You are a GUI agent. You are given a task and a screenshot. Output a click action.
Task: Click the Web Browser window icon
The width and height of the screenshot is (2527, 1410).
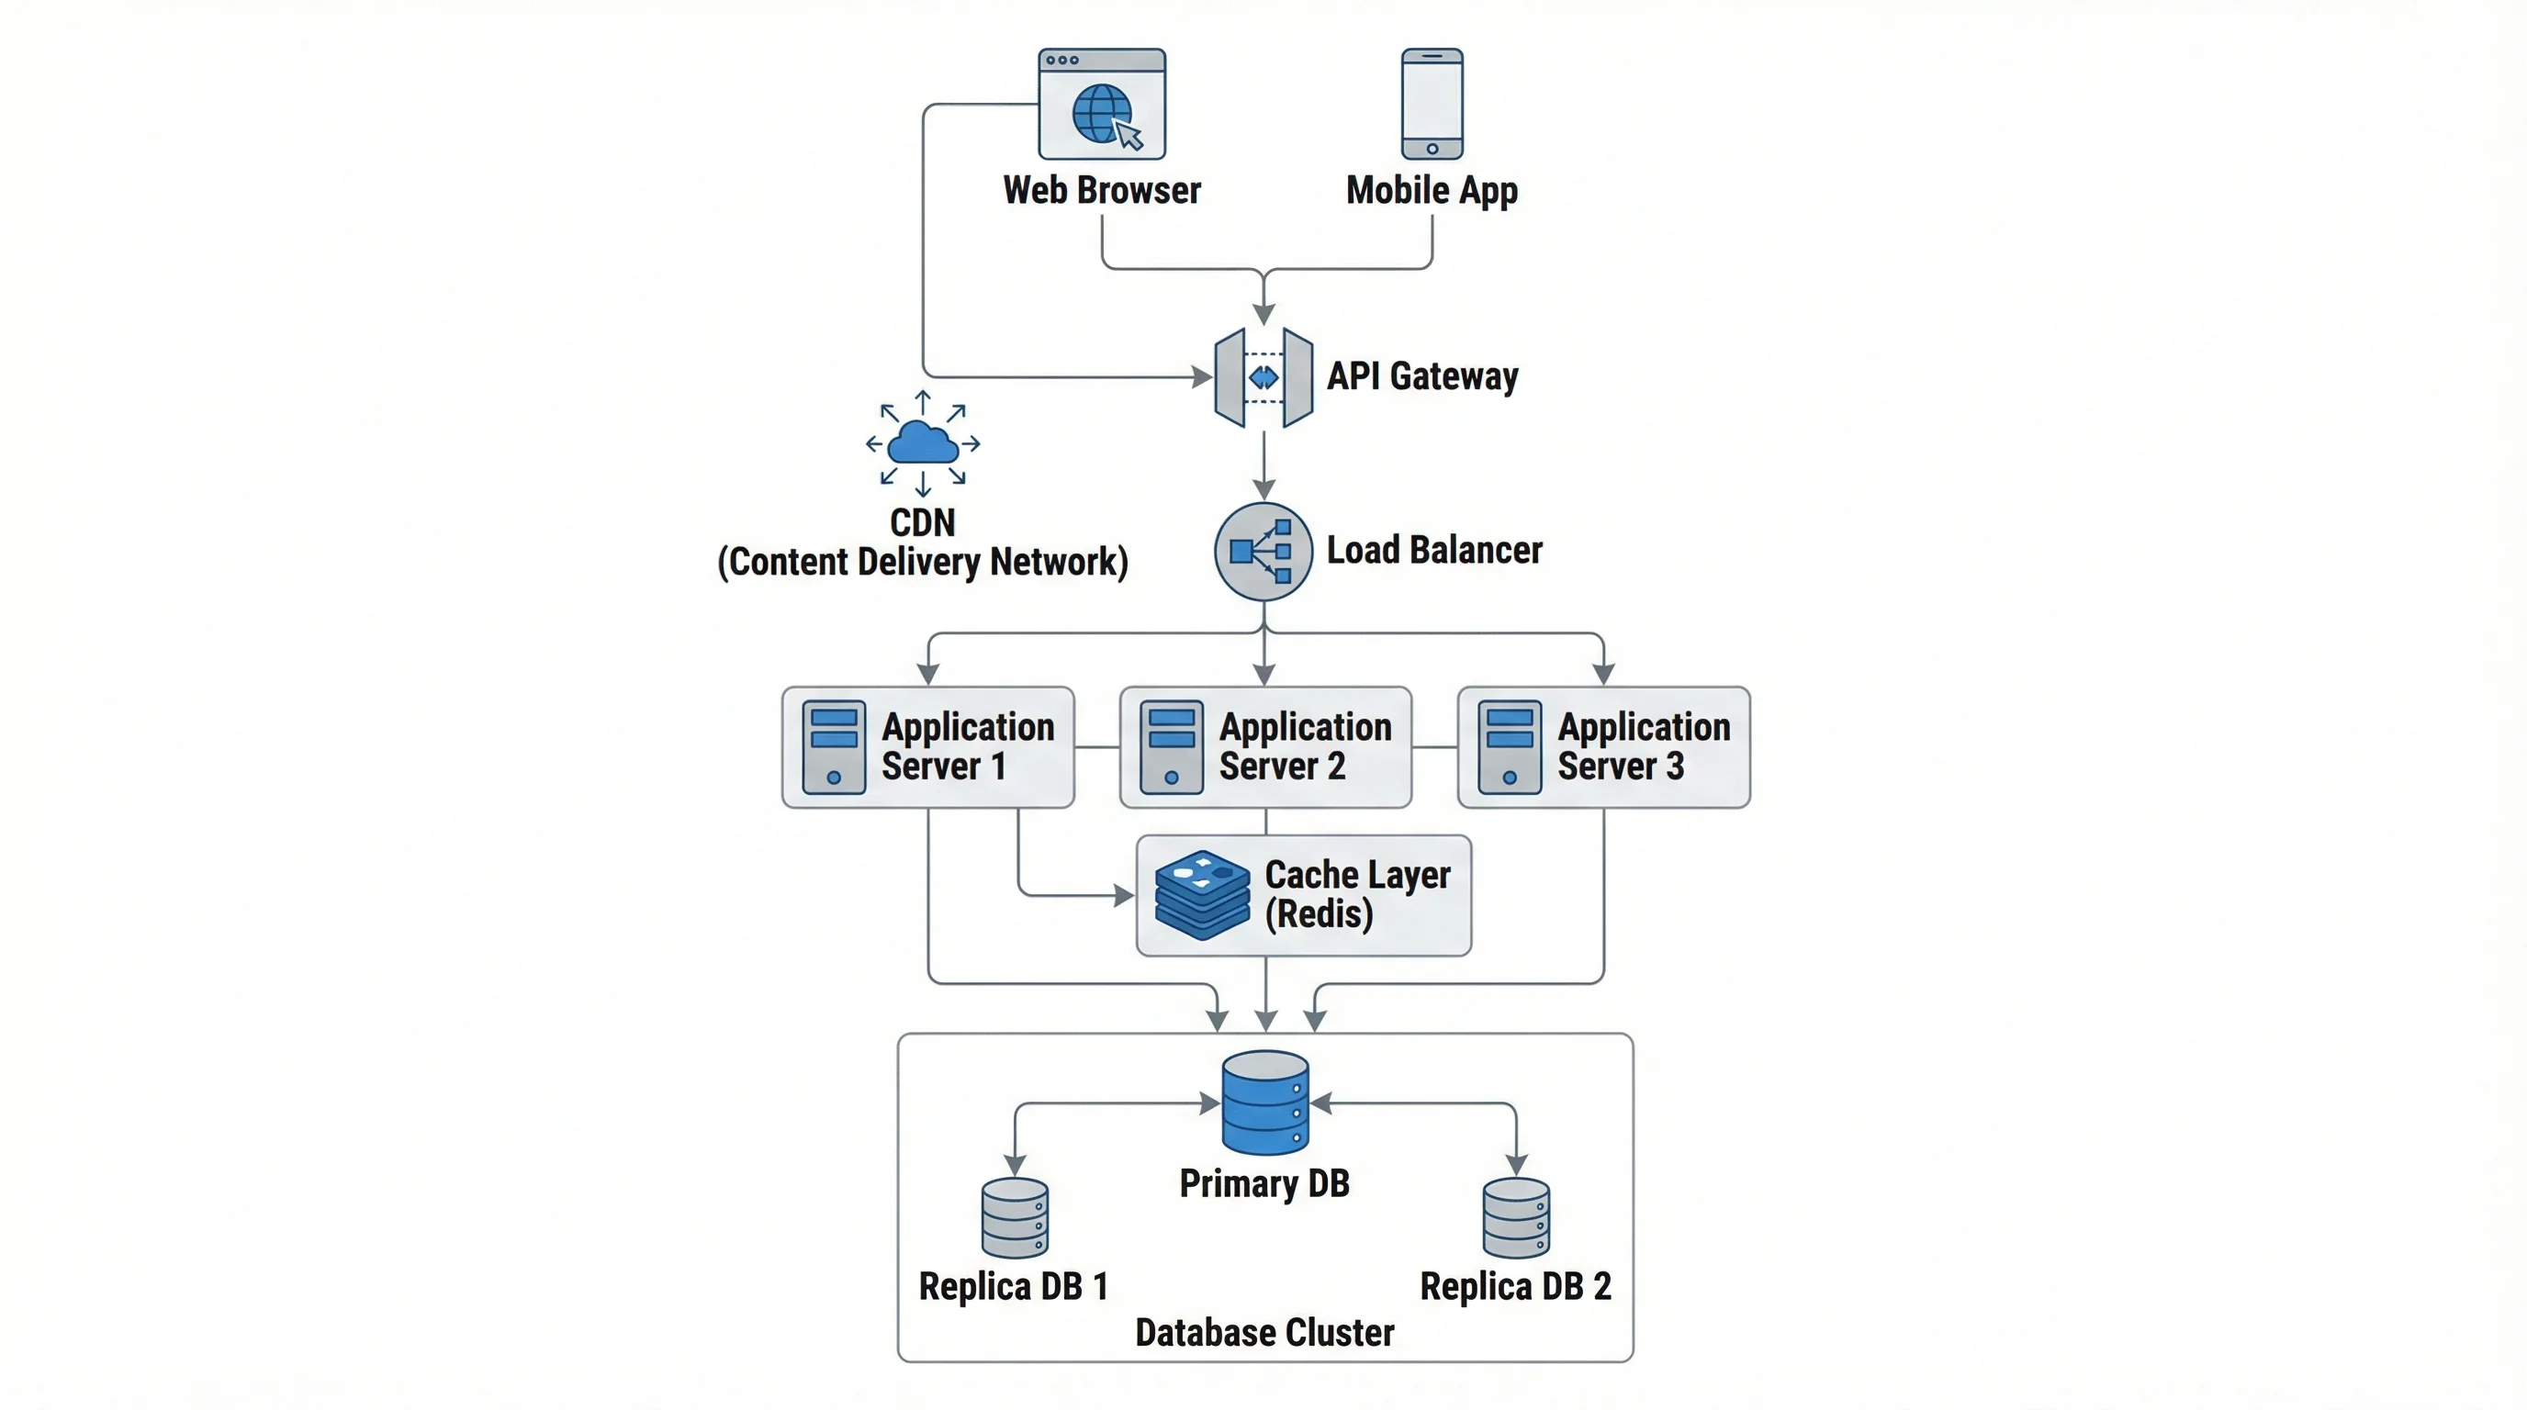click(1102, 104)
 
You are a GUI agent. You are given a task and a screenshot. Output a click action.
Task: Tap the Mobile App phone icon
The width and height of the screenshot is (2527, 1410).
click(1432, 104)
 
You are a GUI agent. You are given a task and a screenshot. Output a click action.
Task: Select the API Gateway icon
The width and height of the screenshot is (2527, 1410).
click(1263, 377)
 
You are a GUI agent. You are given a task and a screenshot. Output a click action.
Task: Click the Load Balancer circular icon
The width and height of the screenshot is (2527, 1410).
click(1263, 551)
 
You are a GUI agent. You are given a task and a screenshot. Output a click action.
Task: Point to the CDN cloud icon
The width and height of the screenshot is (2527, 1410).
click(922, 443)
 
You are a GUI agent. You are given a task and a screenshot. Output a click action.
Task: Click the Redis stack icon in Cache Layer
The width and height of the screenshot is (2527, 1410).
click(1202, 895)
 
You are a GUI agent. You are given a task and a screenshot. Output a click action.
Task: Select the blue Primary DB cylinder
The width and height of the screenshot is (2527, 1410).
click(1264, 1103)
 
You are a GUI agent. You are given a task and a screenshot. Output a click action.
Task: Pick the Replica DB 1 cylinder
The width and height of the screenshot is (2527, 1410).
click(1015, 1219)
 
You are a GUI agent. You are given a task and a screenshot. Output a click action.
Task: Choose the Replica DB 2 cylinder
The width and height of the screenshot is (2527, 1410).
click(1516, 1219)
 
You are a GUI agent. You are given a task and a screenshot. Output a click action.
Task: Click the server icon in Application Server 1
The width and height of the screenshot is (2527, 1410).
click(834, 747)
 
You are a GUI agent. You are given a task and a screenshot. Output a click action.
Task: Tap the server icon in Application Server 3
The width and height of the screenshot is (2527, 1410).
click(1509, 747)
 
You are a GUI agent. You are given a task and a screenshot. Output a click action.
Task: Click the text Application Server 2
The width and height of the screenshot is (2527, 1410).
click(1305, 746)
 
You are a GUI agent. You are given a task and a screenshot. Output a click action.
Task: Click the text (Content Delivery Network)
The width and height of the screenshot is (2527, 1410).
click(922, 563)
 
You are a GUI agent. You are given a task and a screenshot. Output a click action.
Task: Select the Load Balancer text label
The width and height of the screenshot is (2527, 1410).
click(1433, 551)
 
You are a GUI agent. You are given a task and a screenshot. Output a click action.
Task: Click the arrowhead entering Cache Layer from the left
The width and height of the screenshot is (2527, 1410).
click(1124, 895)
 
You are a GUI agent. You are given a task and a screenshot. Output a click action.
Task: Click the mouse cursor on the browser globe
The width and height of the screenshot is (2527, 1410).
click(1129, 135)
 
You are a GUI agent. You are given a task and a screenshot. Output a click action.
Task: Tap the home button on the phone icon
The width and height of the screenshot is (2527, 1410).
click(1432, 149)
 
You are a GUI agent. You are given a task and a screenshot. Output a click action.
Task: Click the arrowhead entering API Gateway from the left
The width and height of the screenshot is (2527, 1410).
click(1202, 376)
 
